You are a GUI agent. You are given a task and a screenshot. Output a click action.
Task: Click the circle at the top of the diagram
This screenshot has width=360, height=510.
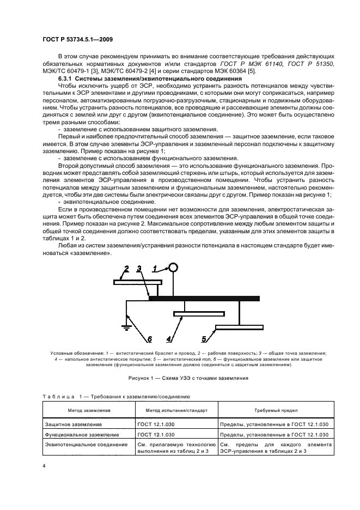pyautogui.click(x=173, y=267)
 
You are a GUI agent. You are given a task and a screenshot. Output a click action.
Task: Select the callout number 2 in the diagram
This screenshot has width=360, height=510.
pyautogui.click(x=126, y=268)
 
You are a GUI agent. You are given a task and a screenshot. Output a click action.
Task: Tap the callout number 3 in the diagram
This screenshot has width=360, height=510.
pyautogui.click(x=139, y=268)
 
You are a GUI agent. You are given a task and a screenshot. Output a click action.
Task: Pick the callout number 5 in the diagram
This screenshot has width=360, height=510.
pyautogui.click(x=204, y=339)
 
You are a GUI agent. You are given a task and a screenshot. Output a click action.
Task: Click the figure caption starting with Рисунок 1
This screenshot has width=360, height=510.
pyautogui.click(x=180, y=378)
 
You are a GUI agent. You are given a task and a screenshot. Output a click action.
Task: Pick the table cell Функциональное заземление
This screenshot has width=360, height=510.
pyautogui.click(x=78, y=434)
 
